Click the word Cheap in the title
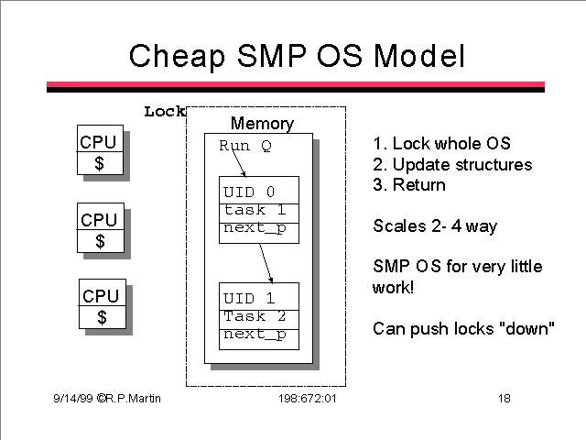coord(177,56)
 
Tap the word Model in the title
coord(419,55)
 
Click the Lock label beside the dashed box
coord(165,112)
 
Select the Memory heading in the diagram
coord(263,124)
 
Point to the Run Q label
coord(245,146)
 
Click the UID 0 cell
coord(259,191)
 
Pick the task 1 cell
coord(259,214)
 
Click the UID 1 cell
coord(259,297)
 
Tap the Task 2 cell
coord(259,320)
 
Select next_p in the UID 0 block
coord(255,228)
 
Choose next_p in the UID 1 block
coord(255,334)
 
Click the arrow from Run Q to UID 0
coord(238,161)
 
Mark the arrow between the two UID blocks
coord(266,263)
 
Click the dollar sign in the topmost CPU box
coord(100,163)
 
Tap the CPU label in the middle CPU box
coord(99,220)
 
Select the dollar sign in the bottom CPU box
coord(102,317)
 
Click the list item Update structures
coord(452,165)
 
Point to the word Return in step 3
coord(419,185)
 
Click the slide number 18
coord(505,398)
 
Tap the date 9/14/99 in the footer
coord(73,399)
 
